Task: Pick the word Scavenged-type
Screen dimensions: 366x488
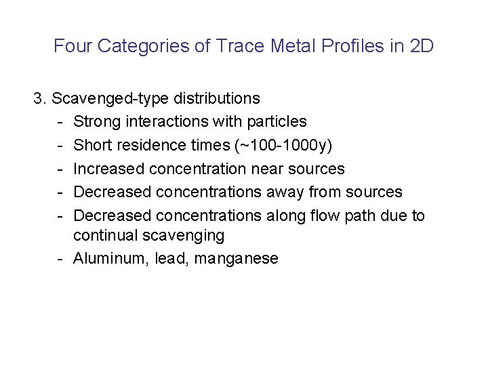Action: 110,98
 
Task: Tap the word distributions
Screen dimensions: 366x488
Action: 217,98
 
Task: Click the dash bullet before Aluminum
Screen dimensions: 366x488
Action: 61,258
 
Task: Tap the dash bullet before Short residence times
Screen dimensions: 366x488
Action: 61,145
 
